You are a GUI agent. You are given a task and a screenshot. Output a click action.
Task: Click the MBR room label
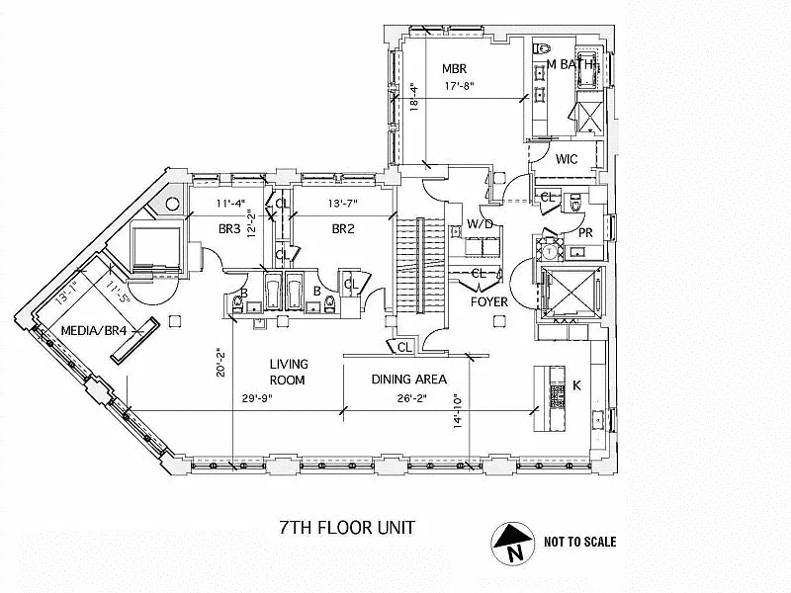(x=453, y=68)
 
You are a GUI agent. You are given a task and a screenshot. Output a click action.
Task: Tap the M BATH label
(x=571, y=65)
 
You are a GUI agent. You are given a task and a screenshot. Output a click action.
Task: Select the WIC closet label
(x=567, y=159)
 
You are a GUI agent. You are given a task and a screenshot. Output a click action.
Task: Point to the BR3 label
(x=229, y=228)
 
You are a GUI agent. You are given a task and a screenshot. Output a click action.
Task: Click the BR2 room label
(x=342, y=228)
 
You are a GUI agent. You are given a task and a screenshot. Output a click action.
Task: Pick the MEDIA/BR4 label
(x=94, y=330)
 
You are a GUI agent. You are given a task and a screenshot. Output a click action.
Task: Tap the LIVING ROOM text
(x=288, y=372)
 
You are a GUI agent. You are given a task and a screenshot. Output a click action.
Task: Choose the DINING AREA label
(x=409, y=379)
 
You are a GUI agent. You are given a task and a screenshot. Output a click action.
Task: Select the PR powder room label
(x=585, y=233)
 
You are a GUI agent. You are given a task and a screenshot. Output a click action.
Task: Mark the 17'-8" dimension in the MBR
(x=458, y=85)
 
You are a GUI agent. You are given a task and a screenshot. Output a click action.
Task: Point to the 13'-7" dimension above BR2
(x=343, y=204)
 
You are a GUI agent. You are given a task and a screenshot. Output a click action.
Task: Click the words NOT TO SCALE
(x=580, y=542)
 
